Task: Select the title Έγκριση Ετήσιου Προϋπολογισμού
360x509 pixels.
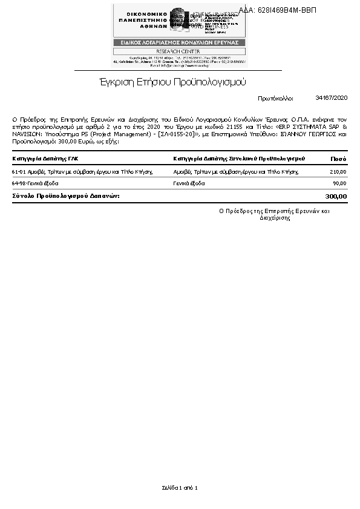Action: pos(172,82)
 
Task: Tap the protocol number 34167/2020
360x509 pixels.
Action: pos(332,97)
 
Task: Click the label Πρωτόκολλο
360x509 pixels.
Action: pos(275,97)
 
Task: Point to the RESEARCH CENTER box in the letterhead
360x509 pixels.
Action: pos(178,51)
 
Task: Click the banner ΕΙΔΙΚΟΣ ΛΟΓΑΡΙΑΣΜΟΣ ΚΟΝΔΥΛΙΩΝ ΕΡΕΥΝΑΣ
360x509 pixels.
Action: pos(178,42)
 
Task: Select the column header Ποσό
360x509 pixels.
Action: pos(338,159)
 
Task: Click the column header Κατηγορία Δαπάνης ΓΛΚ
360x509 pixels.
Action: pos(45,159)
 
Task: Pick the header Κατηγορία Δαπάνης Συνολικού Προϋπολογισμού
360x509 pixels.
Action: pos(239,159)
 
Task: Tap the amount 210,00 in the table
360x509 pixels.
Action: pos(338,172)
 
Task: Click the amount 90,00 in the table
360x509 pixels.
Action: pos(339,183)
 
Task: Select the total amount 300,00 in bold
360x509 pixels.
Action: pos(336,196)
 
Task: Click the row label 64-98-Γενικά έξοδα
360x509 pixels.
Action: pos(35,183)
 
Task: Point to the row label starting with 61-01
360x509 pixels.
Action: pos(80,172)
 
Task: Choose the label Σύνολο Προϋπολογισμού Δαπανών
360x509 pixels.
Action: pos(66,196)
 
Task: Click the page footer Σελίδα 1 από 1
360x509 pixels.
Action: pos(180,487)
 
